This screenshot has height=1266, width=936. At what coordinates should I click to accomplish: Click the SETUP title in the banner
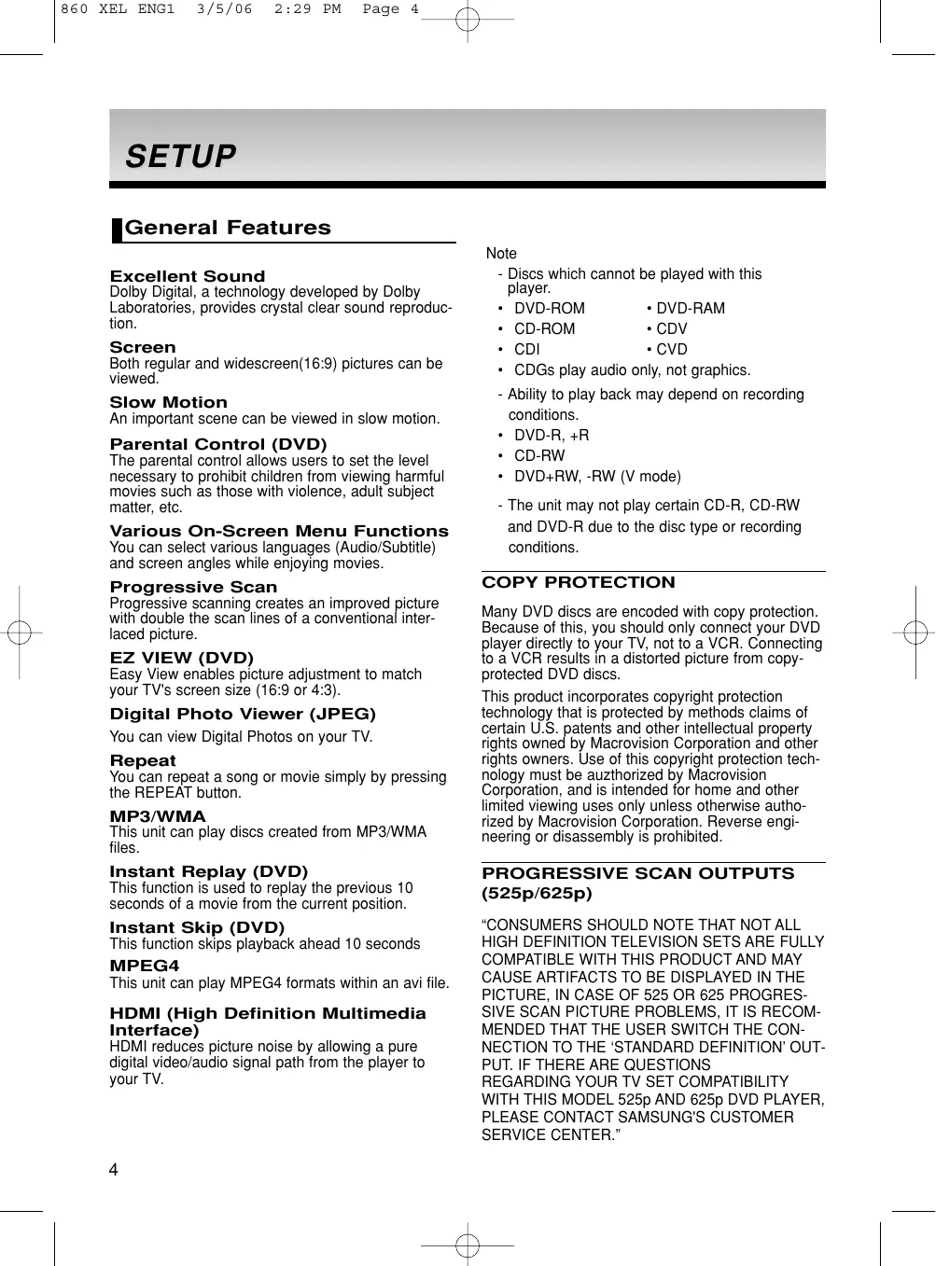point(181,156)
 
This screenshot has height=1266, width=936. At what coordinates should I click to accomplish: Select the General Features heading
point(228,228)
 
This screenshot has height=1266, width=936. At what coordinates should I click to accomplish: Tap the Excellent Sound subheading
point(188,276)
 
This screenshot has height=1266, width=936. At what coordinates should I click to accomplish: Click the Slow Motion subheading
point(169,402)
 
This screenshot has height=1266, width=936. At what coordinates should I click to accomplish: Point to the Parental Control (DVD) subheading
point(218,444)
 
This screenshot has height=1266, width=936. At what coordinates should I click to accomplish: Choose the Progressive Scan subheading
point(194,587)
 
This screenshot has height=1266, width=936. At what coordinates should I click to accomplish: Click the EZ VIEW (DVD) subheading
point(182,658)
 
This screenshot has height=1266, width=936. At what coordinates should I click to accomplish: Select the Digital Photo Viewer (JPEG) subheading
point(243,714)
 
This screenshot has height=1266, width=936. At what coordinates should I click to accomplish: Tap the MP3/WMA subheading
point(158,816)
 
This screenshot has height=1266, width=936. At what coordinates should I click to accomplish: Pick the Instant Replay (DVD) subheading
point(209,871)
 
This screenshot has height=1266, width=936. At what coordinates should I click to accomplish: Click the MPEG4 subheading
point(145,966)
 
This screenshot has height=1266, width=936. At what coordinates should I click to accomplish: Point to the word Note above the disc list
point(501,254)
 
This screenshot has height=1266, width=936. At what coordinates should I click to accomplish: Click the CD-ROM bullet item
point(544,329)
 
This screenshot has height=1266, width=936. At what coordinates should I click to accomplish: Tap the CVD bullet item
point(671,350)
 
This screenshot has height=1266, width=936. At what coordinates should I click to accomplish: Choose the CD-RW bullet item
point(539,456)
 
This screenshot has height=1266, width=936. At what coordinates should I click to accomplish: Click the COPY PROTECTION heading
point(579,582)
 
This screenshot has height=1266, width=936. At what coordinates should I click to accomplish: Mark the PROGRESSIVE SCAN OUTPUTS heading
point(638,873)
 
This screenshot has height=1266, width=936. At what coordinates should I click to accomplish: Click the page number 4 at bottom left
point(114,1171)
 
